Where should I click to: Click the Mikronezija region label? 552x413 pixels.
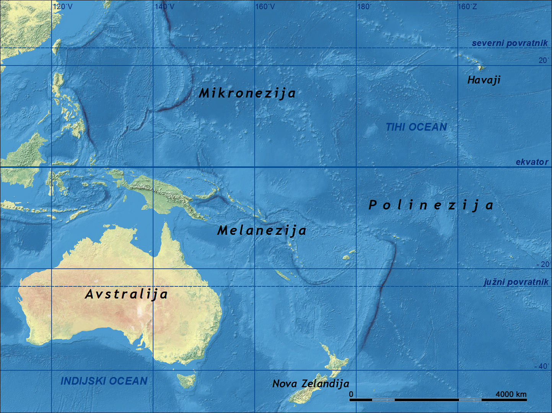[247, 93]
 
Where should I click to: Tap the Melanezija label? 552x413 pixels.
[262, 230]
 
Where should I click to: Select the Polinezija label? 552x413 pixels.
[431, 205]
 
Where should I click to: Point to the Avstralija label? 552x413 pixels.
[126, 294]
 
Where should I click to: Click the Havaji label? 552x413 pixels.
[484, 80]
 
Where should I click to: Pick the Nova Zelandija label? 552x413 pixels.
[311, 384]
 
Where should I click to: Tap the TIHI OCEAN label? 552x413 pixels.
[416, 127]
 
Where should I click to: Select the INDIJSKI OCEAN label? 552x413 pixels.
[104, 381]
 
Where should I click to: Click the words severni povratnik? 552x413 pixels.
[510, 43]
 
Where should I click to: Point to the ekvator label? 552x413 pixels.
[532, 162]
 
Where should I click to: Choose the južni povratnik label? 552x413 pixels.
[516, 282]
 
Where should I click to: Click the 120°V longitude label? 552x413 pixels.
[62, 7]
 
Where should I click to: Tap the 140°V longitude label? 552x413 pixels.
[164, 7]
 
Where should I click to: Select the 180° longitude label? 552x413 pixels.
[364, 7]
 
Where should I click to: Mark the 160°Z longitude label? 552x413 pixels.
[467, 7]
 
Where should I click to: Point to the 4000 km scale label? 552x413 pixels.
[511, 394]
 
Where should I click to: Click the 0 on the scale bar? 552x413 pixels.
[351, 394]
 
